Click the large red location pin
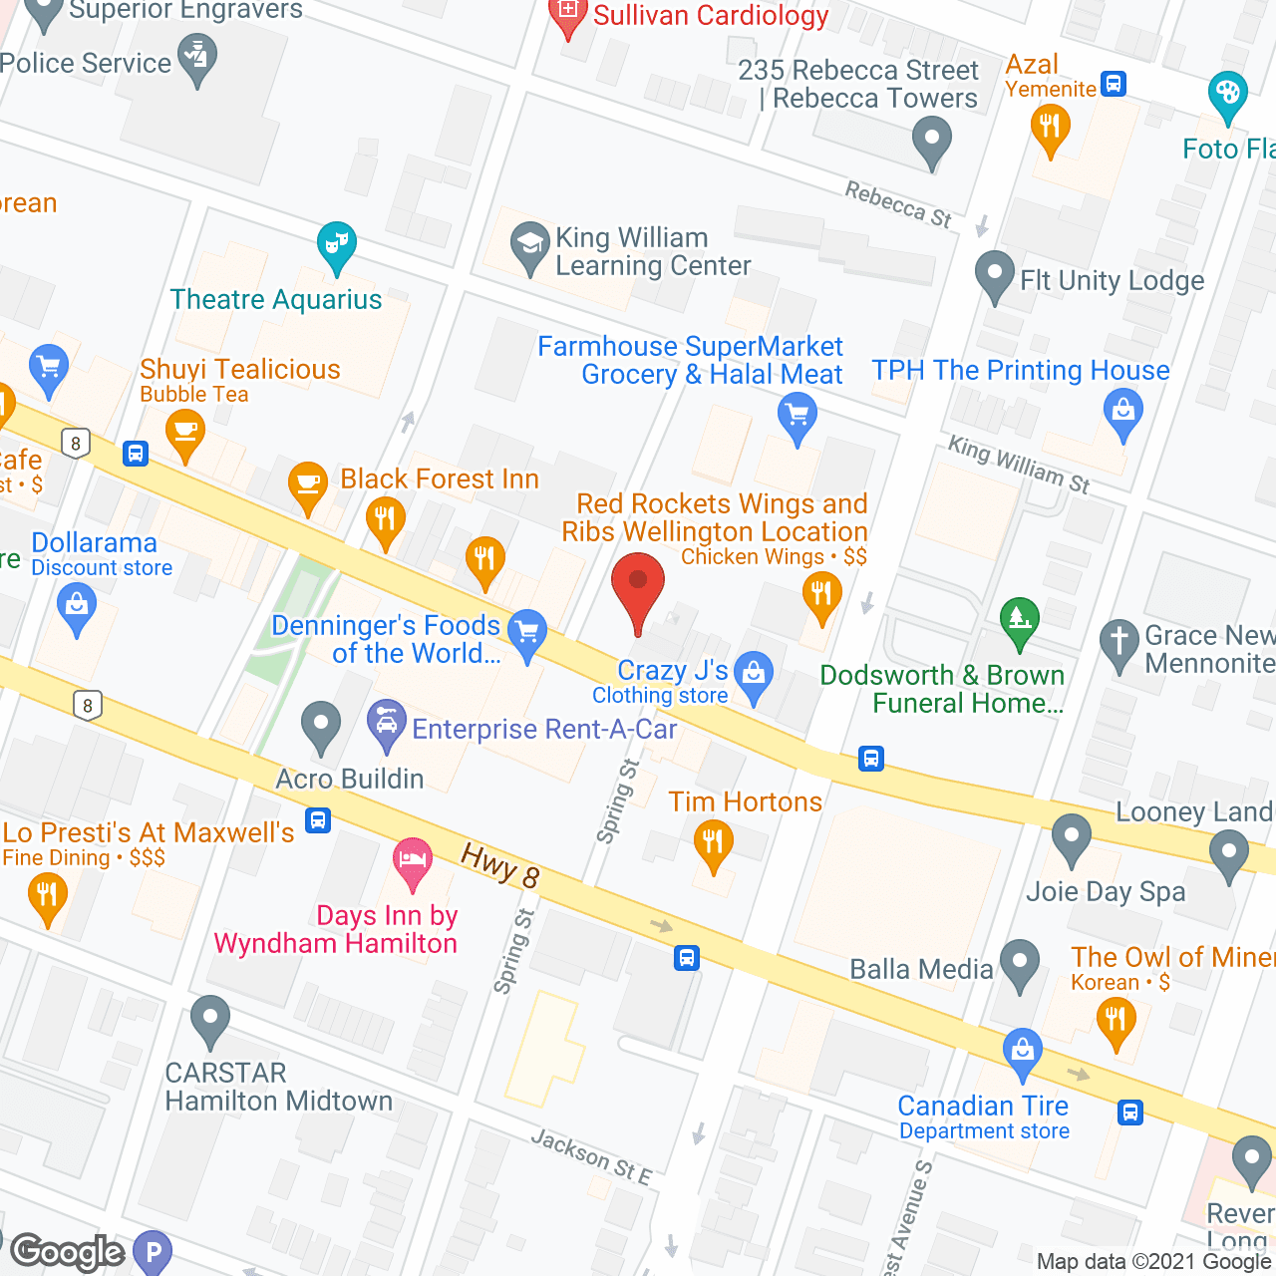(x=638, y=588)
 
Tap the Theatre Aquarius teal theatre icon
(x=337, y=245)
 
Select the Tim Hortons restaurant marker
(x=713, y=844)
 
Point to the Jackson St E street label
(x=590, y=1157)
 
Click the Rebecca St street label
(x=898, y=204)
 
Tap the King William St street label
(x=1018, y=465)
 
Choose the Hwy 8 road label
(x=500, y=864)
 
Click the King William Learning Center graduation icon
(x=529, y=245)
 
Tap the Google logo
(x=67, y=1251)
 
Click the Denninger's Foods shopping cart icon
(x=527, y=633)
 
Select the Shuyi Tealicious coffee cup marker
(x=185, y=434)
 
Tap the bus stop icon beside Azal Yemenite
(x=1114, y=84)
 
